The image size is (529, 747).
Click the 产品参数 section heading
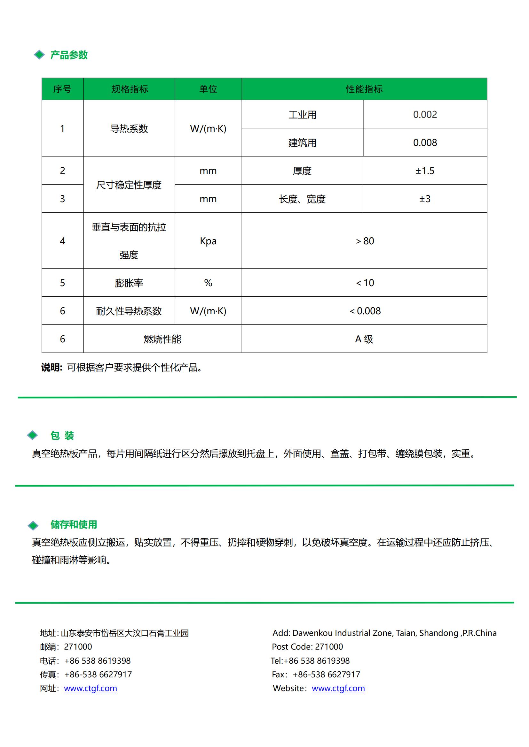69,55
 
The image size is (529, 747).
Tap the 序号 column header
62,89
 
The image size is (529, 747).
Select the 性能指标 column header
364,89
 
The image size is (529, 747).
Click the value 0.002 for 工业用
425,115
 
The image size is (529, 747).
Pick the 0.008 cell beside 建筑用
425,142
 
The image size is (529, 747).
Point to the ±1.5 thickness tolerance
425,171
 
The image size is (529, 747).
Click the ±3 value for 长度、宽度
425,199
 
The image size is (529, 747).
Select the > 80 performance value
365,241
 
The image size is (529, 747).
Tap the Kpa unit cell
208,241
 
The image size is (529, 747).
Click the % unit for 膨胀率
208,283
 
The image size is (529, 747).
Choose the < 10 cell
365,283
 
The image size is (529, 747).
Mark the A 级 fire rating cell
364,339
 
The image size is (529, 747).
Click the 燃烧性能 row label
162,339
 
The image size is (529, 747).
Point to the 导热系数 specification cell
129,128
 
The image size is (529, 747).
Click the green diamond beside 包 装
33,435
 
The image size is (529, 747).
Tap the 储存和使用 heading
74,524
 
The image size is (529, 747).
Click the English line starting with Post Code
307,646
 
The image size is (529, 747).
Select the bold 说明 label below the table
51,368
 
